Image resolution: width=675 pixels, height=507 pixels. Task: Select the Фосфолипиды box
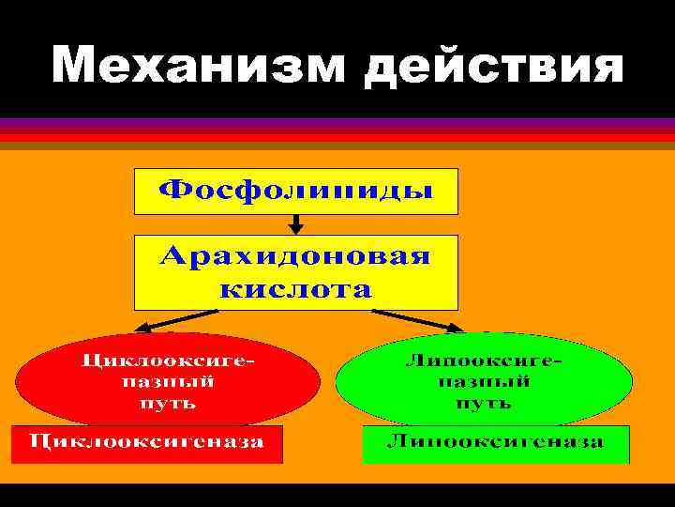pyautogui.click(x=296, y=192)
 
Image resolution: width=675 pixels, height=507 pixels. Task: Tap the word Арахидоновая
pyautogui.click(x=296, y=256)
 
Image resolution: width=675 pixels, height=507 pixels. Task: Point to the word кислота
pyautogui.click(x=296, y=287)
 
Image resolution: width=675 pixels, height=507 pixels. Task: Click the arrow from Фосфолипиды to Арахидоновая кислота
pyautogui.click(x=296, y=224)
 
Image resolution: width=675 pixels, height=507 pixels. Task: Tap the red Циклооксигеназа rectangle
pyautogui.click(x=145, y=444)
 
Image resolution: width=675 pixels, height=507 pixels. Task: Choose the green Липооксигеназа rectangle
pyautogui.click(x=496, y=444)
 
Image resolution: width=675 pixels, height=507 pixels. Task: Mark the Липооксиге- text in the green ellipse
pyautogui.click(x=485, y=360)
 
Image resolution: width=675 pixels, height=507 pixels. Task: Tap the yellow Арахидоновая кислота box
pyautogui.click(x=296, y=272)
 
